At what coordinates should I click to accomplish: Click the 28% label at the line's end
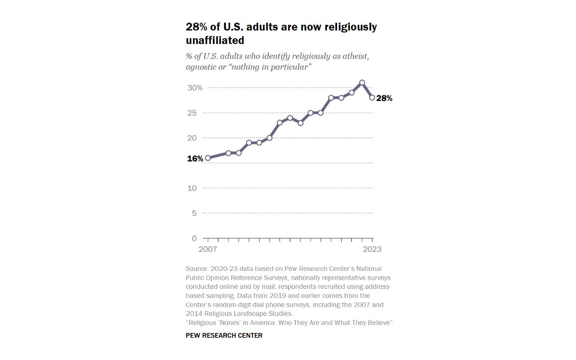click(384, 98)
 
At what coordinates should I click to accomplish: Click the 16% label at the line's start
click(195, 159)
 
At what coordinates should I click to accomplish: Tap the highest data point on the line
click(362, 83)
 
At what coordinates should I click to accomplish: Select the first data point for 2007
click(207, 158)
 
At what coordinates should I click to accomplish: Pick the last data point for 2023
click(372, 98)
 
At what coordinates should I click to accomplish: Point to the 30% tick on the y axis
click(195, 88)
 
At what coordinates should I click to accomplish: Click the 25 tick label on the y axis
click(192, 113)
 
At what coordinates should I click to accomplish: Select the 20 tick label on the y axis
click(192, 138)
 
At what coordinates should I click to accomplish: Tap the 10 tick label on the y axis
click(192, 188)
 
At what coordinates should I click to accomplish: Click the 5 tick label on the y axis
click(194, 213)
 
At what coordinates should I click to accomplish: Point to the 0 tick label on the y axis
click(194, 238)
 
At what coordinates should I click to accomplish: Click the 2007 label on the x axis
click(207, 249)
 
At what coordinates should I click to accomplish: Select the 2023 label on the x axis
click(372, 249)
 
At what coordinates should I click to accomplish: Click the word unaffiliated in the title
click(215, 40)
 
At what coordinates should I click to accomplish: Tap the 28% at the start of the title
click(196, 27)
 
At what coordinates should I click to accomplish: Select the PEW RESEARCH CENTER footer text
click(224, 335)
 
